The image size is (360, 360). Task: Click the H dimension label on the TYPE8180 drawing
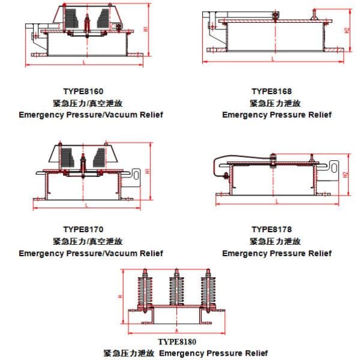pyautogui.click(x=120, y=296)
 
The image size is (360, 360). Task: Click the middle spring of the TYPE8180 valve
pyautogui.click(x=178, y=288)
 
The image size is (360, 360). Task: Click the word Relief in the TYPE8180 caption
pyautogui.click(x=254, y=353)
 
